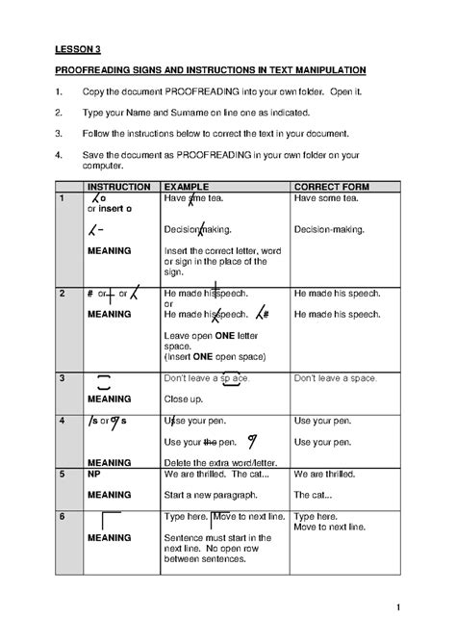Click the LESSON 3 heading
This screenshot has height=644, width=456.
[x=77, y=51]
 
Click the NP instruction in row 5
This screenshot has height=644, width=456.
[x=94, y=474]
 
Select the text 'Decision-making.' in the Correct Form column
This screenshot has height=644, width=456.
[x=329, y=229]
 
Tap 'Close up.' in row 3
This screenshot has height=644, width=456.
[x=184, y=398]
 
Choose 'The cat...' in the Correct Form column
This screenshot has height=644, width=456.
[x=314, y=495]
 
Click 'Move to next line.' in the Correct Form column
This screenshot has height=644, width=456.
[x=329, y=528]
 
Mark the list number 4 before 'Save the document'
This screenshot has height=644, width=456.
[x=60, y=152]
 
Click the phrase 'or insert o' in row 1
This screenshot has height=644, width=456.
[x=110, y=208]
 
